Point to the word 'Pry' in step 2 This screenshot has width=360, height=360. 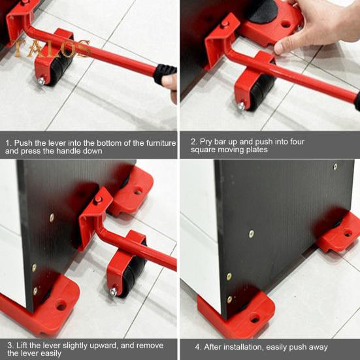point(207,142)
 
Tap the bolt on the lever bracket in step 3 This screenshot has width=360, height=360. point(98,201)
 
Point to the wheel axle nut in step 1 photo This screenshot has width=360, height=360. point(41,81)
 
